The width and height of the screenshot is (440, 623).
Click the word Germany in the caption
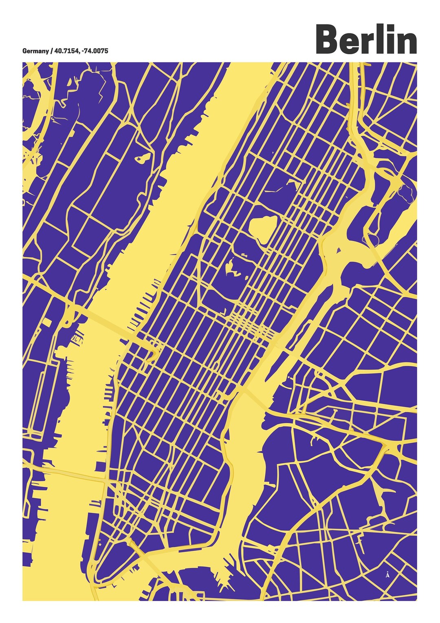(35, 51)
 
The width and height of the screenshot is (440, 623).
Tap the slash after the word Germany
(51, 51)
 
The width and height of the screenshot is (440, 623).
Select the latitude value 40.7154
(67, 51)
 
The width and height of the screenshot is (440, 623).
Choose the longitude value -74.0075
(95, 51)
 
